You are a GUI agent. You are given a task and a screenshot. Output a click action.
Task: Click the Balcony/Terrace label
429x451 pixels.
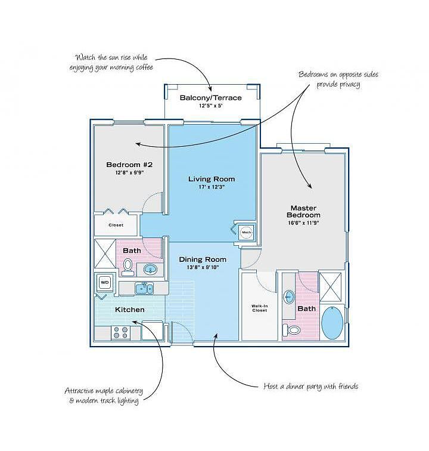tap(210, 98)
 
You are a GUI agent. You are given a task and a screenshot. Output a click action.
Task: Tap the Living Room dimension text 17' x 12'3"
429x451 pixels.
tap(212, 187)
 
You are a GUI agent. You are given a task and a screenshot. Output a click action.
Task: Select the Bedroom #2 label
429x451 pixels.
tap(129, 165)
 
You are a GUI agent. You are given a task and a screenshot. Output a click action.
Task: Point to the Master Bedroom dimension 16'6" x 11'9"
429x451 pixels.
tap(303, 223)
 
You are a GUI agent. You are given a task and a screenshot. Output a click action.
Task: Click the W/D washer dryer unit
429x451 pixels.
tap(105, 282)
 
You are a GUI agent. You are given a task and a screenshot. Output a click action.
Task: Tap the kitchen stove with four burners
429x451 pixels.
tap(121, 333)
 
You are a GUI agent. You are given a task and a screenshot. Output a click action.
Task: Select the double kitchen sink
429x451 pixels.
tap(144, 288)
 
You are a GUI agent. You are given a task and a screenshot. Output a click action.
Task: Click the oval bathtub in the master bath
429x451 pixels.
tap(332, 323)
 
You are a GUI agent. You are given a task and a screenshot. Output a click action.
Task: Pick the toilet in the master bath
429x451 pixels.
tap(291, 330)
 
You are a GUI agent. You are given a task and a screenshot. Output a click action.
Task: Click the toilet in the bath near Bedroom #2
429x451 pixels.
tap(127, 266)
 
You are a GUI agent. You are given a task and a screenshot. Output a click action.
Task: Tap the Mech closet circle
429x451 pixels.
tap(246, 232)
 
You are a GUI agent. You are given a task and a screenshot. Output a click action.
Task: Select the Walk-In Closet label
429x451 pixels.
tap(259, 308)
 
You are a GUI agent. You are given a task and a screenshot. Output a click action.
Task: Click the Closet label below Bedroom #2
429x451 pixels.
tap(116, 225)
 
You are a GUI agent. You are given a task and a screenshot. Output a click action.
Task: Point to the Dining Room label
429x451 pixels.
tap(203, 260)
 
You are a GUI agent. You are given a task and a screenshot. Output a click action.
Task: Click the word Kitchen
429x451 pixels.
tap(129, 310)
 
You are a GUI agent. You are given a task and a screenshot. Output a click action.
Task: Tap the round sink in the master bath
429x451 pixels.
tap(289, 297)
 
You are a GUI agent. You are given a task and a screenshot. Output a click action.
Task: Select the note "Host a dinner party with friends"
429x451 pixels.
tap(311, 387)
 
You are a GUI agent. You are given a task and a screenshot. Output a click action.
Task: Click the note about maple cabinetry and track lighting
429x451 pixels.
tap(104, 396)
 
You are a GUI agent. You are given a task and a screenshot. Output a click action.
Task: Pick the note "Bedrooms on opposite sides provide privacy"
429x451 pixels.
tap(338, 79)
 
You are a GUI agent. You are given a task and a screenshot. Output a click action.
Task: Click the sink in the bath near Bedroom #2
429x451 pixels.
tap(150, 270)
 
